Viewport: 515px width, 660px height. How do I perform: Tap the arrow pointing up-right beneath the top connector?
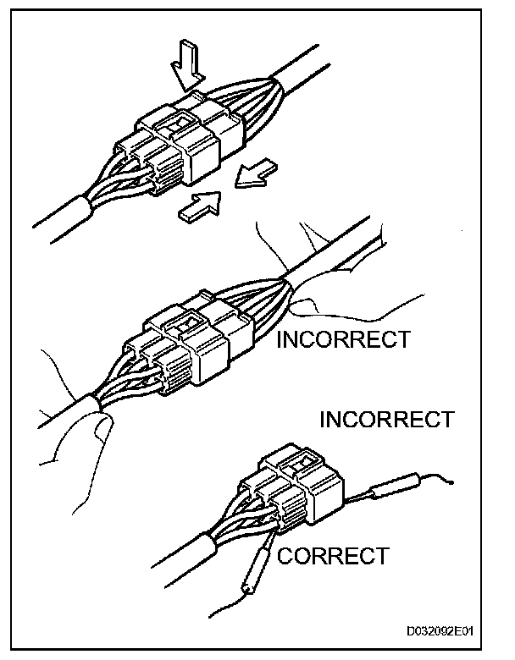pos(200,205)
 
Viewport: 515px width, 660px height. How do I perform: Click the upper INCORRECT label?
pos(343,339)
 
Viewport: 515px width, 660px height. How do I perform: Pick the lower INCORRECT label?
pos(385,418)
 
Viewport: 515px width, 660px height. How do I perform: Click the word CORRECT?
pos(333,556)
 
